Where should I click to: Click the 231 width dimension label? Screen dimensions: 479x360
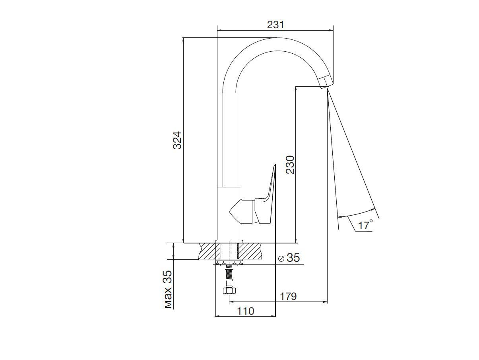click(x=275, y=25)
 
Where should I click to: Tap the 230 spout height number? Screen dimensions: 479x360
click(x=290, y=165)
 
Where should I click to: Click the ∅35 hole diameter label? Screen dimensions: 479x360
click(x=289, y=258)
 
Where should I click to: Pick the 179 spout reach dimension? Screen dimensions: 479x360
click(x=288, y=296)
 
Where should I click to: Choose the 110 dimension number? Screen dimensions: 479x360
click(x=246, y=311)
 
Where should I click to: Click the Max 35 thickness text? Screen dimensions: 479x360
click(x=169, y=289)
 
